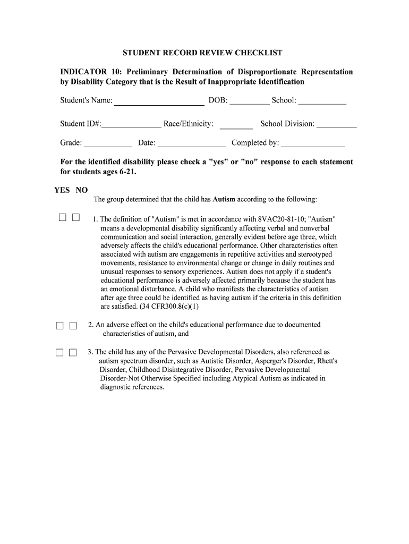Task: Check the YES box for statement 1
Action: coord(63,217)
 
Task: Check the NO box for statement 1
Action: coord(75,217)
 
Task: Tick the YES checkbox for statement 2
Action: coord(60,326)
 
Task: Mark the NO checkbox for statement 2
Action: coord(73,326)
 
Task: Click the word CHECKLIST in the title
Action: coord(258,53)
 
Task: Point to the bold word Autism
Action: coord(224,200)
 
